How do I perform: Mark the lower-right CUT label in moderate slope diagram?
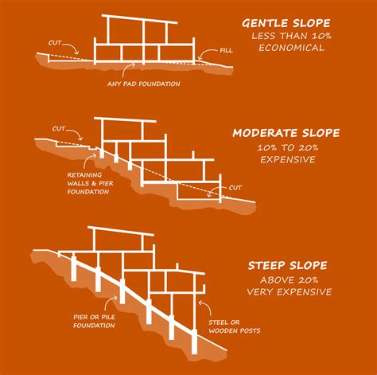coord(236,189)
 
